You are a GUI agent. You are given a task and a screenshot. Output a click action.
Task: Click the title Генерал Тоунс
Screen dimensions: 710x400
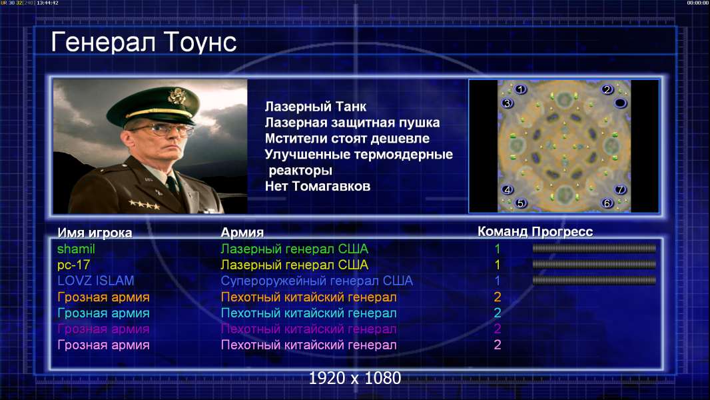point(144,42)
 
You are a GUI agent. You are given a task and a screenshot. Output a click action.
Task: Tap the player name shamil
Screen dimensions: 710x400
point(76,249)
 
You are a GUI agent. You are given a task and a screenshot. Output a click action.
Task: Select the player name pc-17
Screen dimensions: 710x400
point(73,265)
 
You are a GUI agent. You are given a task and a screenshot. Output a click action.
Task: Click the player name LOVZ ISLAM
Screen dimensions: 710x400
point(95,281)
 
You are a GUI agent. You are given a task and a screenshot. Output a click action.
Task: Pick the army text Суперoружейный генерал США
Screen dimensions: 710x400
point(316,281)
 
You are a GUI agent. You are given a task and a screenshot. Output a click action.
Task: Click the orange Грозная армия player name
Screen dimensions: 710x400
point(103,297)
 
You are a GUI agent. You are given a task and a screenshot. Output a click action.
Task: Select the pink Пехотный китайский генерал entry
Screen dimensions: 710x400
point(308,345)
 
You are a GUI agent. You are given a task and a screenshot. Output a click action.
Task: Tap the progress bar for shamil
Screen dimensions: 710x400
point(594,248)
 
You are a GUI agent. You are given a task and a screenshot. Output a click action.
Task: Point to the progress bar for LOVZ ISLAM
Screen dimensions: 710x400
point(594,281)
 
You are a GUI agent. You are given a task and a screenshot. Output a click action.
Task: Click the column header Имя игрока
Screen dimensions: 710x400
point(95,233)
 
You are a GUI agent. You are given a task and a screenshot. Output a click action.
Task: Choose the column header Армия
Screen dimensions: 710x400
point(242,233)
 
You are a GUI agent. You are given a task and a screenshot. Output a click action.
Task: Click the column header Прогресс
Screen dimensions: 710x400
point(562,232)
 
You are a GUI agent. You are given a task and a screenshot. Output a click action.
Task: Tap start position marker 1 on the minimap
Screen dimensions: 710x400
point(520,90)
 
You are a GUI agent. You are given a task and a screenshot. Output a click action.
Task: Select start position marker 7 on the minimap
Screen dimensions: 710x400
point(620,189)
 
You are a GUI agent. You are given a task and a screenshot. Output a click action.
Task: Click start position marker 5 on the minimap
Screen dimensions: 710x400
point(520,203)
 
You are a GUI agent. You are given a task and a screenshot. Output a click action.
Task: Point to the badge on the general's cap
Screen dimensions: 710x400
point(177,96)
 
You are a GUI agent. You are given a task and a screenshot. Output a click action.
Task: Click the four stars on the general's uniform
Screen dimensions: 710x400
point(145,205)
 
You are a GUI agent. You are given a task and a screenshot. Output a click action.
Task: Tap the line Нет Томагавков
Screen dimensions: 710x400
point(318,186)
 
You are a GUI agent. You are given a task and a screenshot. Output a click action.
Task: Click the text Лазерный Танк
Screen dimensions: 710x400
point(315,107)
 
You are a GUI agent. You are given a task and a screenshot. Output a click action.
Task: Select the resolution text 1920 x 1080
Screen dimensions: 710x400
point(355,378)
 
